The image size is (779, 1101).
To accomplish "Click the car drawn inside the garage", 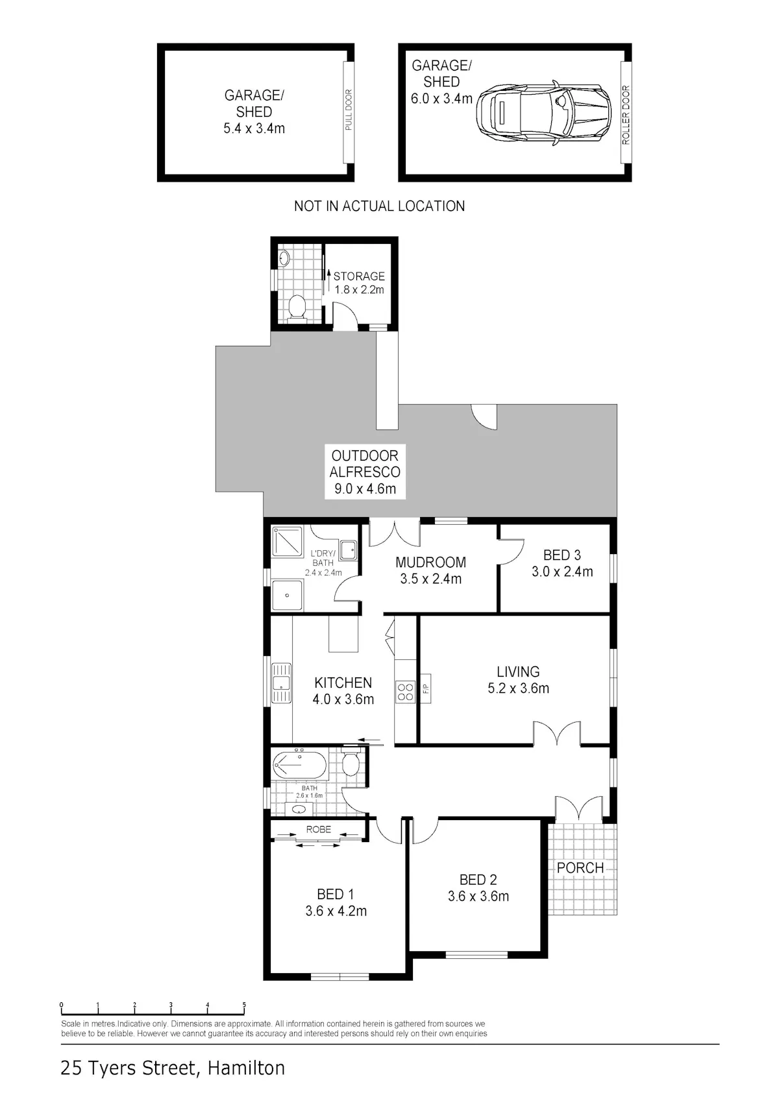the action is (x=543, y=113).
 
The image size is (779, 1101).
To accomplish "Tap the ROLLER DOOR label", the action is (x=626, y=115).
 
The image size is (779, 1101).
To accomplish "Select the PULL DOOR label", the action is (x=349, y=110).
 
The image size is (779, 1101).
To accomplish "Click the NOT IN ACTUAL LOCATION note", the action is (x=379, y=206).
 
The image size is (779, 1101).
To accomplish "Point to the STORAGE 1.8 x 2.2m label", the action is (x=359, y=283).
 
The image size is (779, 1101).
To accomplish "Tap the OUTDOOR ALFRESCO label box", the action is (x=365, y=472).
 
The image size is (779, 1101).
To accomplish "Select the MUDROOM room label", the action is (x=431, y=563).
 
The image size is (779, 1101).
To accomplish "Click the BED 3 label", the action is (x=562, y=555).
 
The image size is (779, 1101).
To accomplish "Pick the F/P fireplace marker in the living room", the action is (x=426, y=688).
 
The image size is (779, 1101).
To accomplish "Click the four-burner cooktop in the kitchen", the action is (x=405, y=692).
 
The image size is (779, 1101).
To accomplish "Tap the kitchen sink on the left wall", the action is (x=281, y=683).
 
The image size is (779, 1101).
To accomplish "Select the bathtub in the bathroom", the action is (x=299, y=766).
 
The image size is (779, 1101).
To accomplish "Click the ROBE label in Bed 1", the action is (x=319, y=829).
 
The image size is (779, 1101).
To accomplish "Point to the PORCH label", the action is (x=580, y=868).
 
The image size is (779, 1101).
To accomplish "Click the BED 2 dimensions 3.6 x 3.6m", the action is (x=478, y=896).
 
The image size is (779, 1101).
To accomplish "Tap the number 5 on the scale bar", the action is (x=244, y=1005).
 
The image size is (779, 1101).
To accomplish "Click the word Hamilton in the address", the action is (x=246, y=1067).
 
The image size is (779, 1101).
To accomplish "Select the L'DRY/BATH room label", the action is (x=323, y=559).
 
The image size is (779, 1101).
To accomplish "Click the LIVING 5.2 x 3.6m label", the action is (x=518, y=680).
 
